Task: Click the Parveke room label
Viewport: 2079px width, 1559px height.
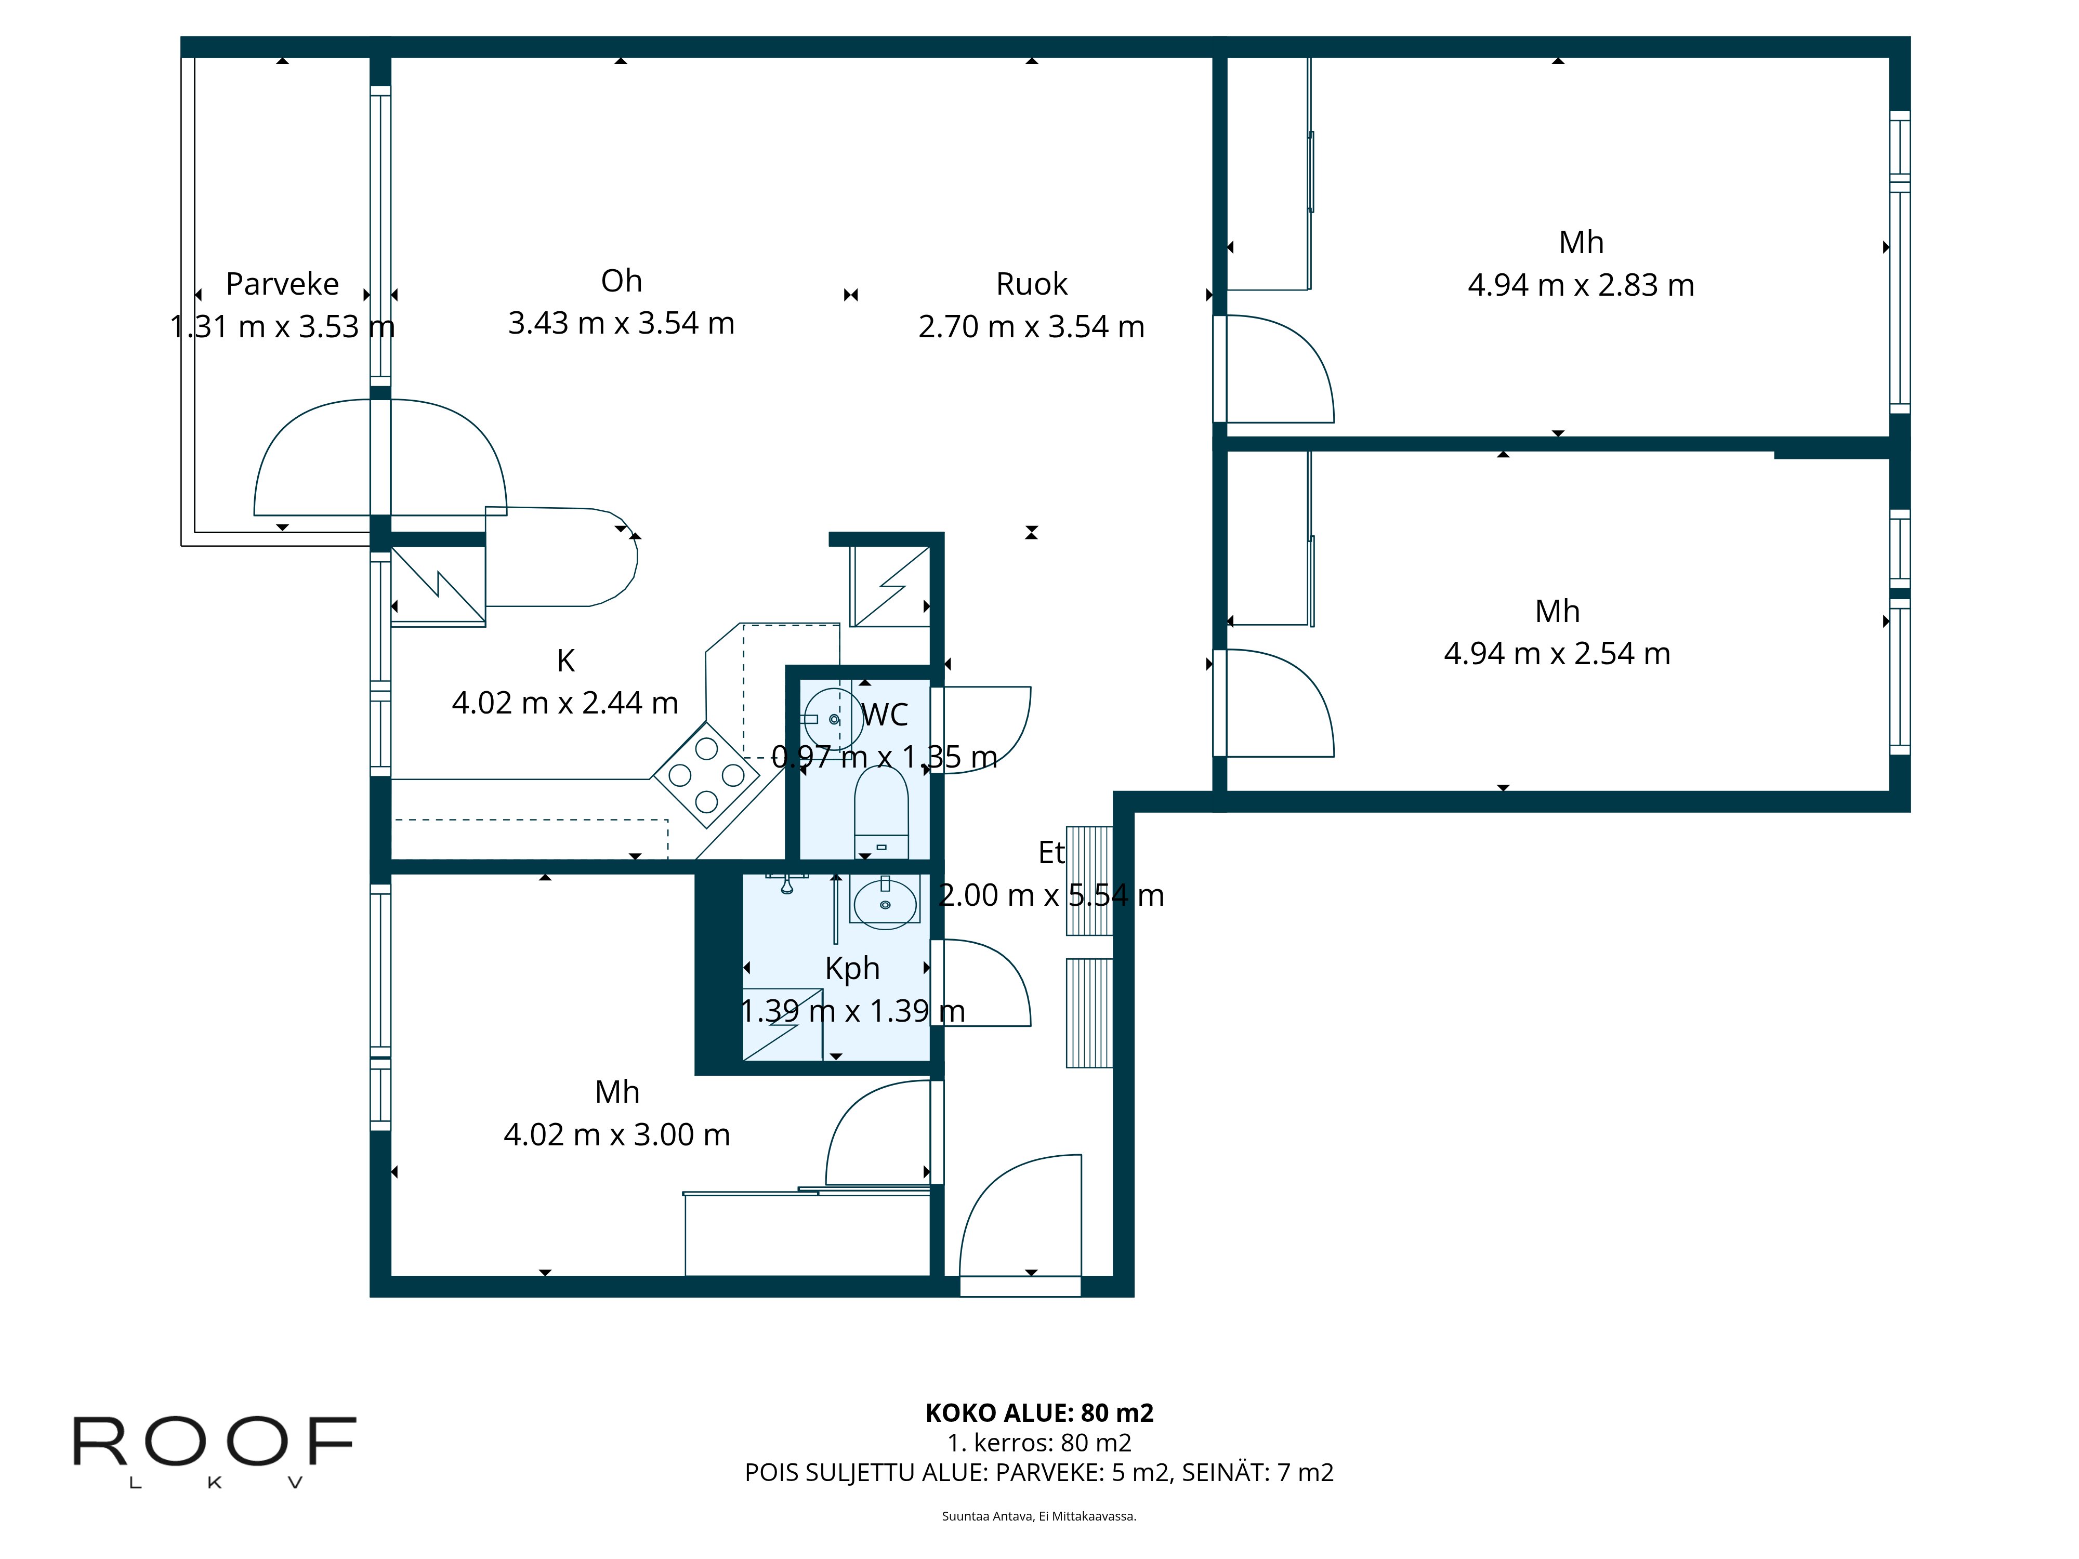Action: click(x=282, y=284)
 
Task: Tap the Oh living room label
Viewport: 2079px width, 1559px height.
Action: click(x=621, y=281)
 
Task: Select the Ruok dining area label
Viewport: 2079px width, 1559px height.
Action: click(x=1031, y=284)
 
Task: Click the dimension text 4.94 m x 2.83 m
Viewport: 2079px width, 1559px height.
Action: click(x=1581, y=285)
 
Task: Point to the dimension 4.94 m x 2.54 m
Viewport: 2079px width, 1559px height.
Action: click(x=1557, y=654)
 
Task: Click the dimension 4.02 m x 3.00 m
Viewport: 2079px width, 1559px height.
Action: click(x=616, y=1135)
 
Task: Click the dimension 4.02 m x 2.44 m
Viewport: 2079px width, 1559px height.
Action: click(x=565, y=703)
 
